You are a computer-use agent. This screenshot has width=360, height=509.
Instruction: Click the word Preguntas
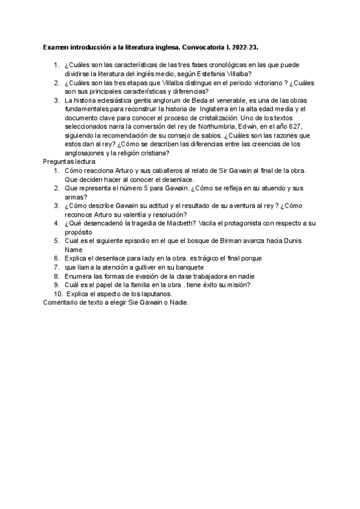tap(59, 161)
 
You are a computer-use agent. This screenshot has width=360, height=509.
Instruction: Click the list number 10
tap(58, 294)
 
